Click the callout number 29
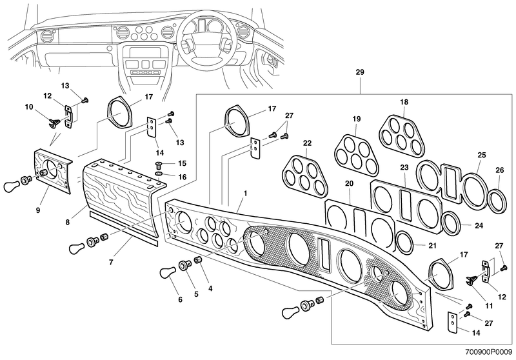click(x=360, y=72)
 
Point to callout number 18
click(x=404, y=103)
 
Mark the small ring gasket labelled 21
click(x=406, y=243)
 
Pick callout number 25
click(x=481, y=155)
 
